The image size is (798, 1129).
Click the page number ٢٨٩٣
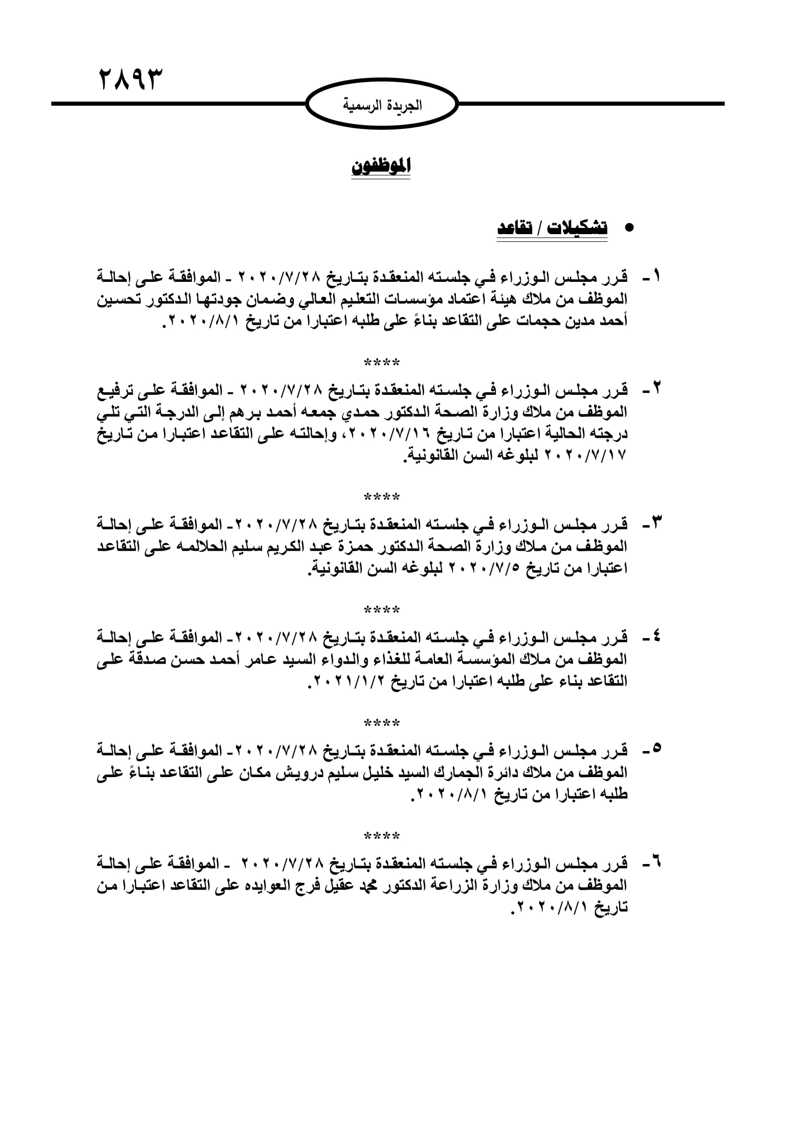(x=130, y=79)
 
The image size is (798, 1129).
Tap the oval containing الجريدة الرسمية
(x=382, y=104)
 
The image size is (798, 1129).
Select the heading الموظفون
(x=381, y=166)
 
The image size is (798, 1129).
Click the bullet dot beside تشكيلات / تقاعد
(x=629, y=228)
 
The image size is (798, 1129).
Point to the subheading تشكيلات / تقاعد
(x=552, y=228)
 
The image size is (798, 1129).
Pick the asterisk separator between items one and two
(x=382, y=363)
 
